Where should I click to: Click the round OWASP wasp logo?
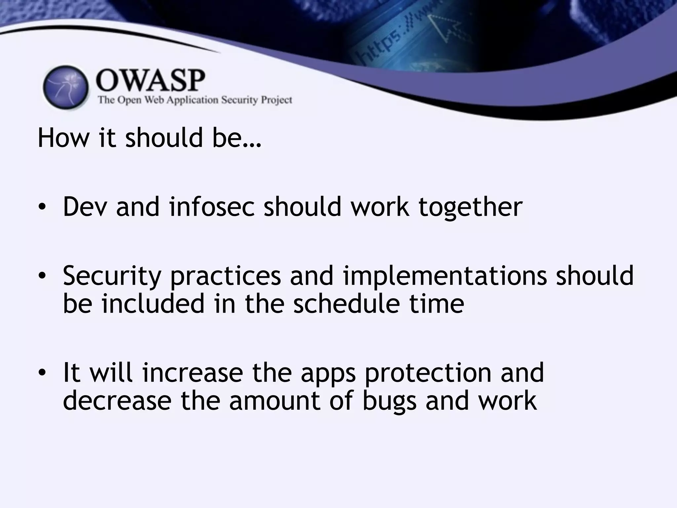tap(66, 87)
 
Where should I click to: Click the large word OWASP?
tap(150, 81)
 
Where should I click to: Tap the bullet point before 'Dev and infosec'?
tap(42, 207)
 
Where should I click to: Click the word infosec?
tap(212, 207)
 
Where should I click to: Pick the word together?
tap(470, 208)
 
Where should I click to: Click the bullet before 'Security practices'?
tap(42, 275)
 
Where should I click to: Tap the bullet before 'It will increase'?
tap(42, 372)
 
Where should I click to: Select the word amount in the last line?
tap(275, 401)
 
